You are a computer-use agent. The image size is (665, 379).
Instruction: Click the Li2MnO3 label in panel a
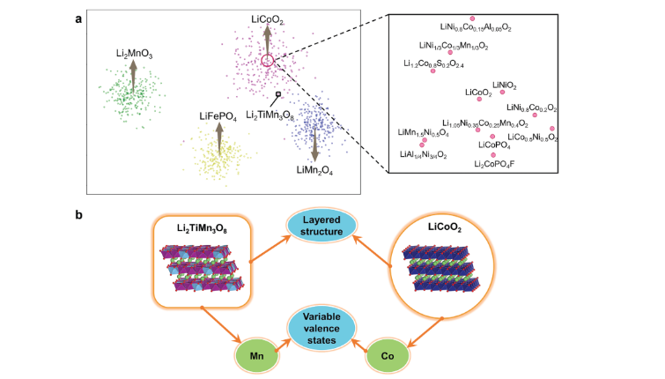[x=134, y=54]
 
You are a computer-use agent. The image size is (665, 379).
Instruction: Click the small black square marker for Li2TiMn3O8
[x=279, y=93]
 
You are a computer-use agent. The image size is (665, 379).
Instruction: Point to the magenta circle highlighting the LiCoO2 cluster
[x=269, y=61]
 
